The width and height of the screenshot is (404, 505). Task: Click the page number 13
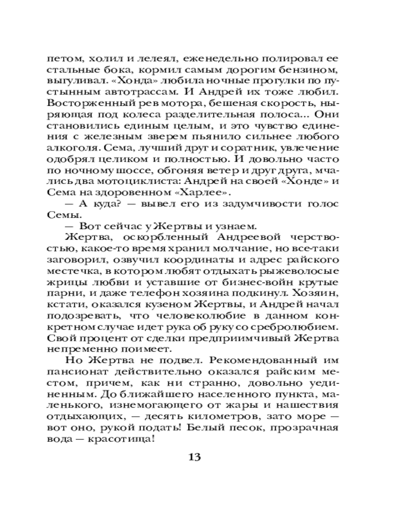tap(194, 457)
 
